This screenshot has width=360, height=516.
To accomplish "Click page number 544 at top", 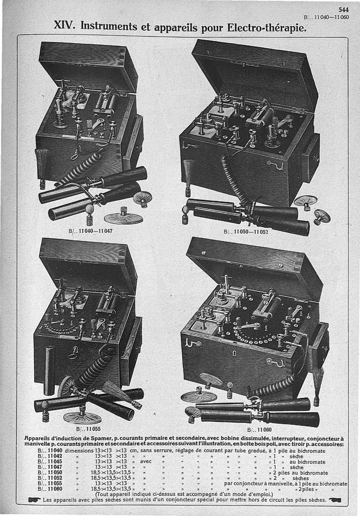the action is [x=343, y=10].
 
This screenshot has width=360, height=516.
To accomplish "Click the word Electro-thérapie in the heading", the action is [x=267, y=27].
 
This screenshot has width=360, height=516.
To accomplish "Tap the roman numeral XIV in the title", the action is [x=65, y=25].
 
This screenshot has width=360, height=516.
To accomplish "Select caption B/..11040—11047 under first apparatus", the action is [x=90, y=231].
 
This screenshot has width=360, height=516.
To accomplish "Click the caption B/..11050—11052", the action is [x=246, y=232].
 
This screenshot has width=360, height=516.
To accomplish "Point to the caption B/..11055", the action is [x=88, y=429].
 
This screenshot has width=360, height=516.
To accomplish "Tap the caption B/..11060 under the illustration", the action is [x=259, y=430].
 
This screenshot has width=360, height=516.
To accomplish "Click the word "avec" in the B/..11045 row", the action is [x=146, y=462].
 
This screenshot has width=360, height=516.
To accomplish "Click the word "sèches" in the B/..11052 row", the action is [x=301, y=478].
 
